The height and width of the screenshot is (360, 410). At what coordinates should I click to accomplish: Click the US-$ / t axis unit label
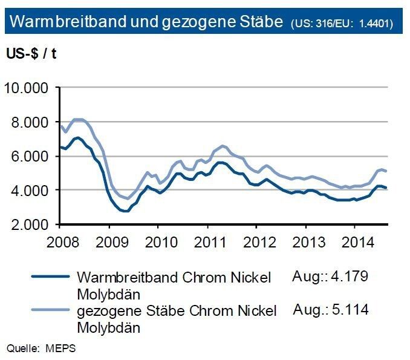pos(31,53)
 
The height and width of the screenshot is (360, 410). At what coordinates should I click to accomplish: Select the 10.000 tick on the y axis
pos(27,88)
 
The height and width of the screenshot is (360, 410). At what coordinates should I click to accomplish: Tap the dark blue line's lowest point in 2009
pos(123,211)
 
